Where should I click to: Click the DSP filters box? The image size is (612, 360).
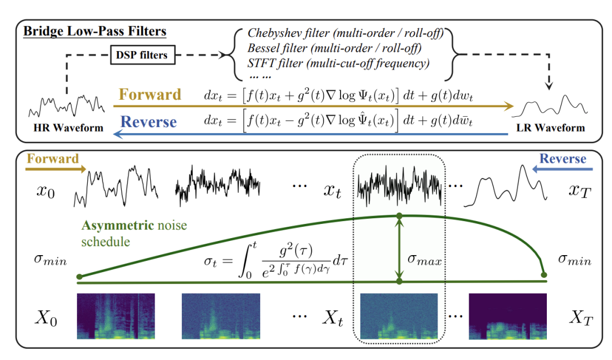click(x=142, y=56)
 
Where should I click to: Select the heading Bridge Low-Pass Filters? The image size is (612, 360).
click(x=95, y=31)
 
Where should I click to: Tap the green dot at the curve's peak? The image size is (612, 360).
click(x=399, y=215)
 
